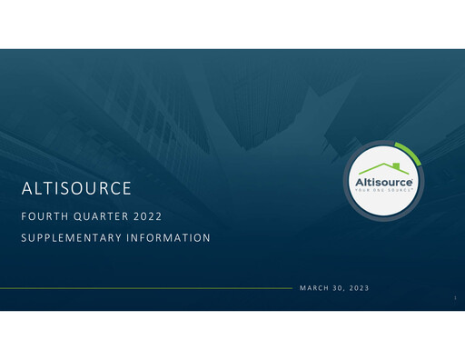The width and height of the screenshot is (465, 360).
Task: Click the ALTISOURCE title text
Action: pyautogui.click(x=76, y=190)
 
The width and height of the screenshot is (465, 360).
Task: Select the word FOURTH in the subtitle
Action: pyautogui.click(x=43, y=217)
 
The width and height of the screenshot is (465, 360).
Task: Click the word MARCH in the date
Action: pyautogui.click(x=314, y=288)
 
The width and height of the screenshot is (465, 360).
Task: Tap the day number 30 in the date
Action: pyautogui.click(x=340, y=288)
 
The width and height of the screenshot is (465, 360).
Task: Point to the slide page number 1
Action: pyautogui.click(x=453, y=297)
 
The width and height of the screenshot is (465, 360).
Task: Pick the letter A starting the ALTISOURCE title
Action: pyautogui.click(x=25, y=190)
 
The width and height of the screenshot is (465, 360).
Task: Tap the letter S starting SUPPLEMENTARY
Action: pyautogui.click(x=23, y=238)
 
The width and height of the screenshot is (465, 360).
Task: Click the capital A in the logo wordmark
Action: pyautogui.click(x=360, y=183)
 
